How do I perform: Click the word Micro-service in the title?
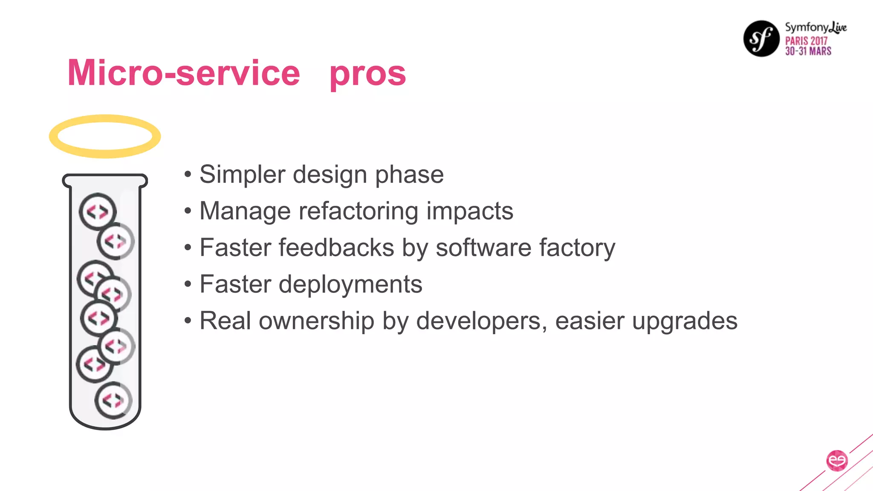pyautogui.click(x=184, y=73)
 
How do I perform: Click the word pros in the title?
pyautogui.click(x=367, y=73)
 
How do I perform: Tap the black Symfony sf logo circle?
pyautogui.click(x=761, y=38)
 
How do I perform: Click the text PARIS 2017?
pyautogui.click(x=806, y=41)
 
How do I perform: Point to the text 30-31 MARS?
pyautogui.click(x=808, y=51)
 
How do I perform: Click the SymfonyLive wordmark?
pyautogui.click(x=815, y=27)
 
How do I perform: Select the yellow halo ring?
pyautogui.click(x=105, y=136)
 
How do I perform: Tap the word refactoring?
pyautogui.click(x=358, y=211)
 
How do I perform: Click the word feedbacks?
pyautogui.click(x=336, y=248)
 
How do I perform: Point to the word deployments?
pyautogui.click(x=350, y=284)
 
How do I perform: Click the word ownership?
pyautogui.click(x=316, y=321)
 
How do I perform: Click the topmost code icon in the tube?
pyautogui.click(x=98, y=211)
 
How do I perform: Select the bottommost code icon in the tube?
pyautogui.click(x=113, y=400)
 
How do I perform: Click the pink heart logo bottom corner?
pyautogui.click(x=837, y=461)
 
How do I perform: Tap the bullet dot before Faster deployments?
pyautogui.click(x=188, y=284)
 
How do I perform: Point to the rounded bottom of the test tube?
pyautogui.click(x=105, y=425)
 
